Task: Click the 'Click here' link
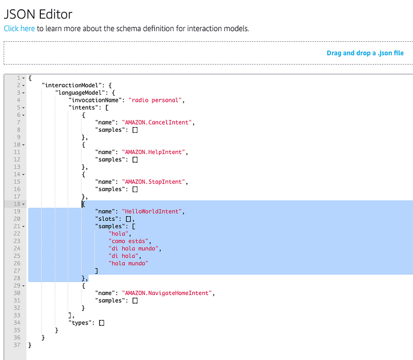click(x=19, y=28)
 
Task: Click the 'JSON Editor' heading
click(x=38, y=14)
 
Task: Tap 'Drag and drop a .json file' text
click(x=365, y=53)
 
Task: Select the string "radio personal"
click(x=156, y=100)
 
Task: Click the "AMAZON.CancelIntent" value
click(x=156, y=122)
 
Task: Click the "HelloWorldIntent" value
click(x=152, y=211)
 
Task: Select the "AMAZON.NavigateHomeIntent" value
click(x=167, y=293)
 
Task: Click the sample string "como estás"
click(x=129, y=241)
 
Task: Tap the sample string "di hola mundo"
click(x=134, y=248)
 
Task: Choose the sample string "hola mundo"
click(x=128, y=263)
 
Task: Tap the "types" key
click(x=82, y=323)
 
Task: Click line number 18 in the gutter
click(x=16, y=204)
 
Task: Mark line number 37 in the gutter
click(x=16, y=345)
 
